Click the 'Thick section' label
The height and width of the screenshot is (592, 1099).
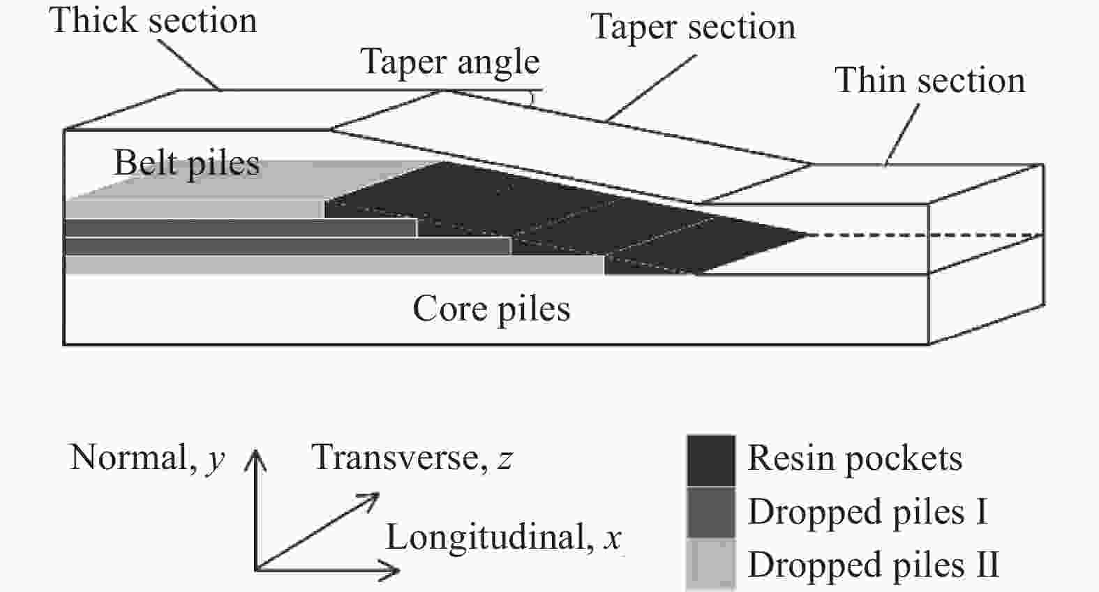click(x=153, y=20)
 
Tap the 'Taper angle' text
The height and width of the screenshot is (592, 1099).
click(x=450, y=62)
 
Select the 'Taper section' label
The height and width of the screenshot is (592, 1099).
click(x=693, y=28)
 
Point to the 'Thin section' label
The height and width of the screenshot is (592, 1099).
click(x=930, y=80)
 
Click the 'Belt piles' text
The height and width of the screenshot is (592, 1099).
click(x=186, y=164)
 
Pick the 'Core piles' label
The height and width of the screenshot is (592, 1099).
click(x=491, y=309)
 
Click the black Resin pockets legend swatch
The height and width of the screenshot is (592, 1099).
click(x=710, y=460)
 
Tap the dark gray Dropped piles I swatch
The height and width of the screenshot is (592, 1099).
click(x=710, y=512)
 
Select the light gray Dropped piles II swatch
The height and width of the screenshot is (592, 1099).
click(x=710, y=563)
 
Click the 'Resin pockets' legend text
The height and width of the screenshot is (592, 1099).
click(x=855, y=459)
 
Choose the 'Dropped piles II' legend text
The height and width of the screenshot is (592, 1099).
click(x=873, y=564)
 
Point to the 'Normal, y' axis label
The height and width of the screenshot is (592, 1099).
click(x=147, y=459)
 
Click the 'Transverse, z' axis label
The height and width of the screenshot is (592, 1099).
click(x=412, y=458)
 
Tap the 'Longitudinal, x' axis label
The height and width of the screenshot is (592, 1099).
click(x=503, y=538)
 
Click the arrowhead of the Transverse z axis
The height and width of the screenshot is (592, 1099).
click(x=373, y=497)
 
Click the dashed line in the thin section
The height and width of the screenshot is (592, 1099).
click(x=928, y=235)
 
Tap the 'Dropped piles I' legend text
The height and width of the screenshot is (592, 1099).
click(x=867, y=512)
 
